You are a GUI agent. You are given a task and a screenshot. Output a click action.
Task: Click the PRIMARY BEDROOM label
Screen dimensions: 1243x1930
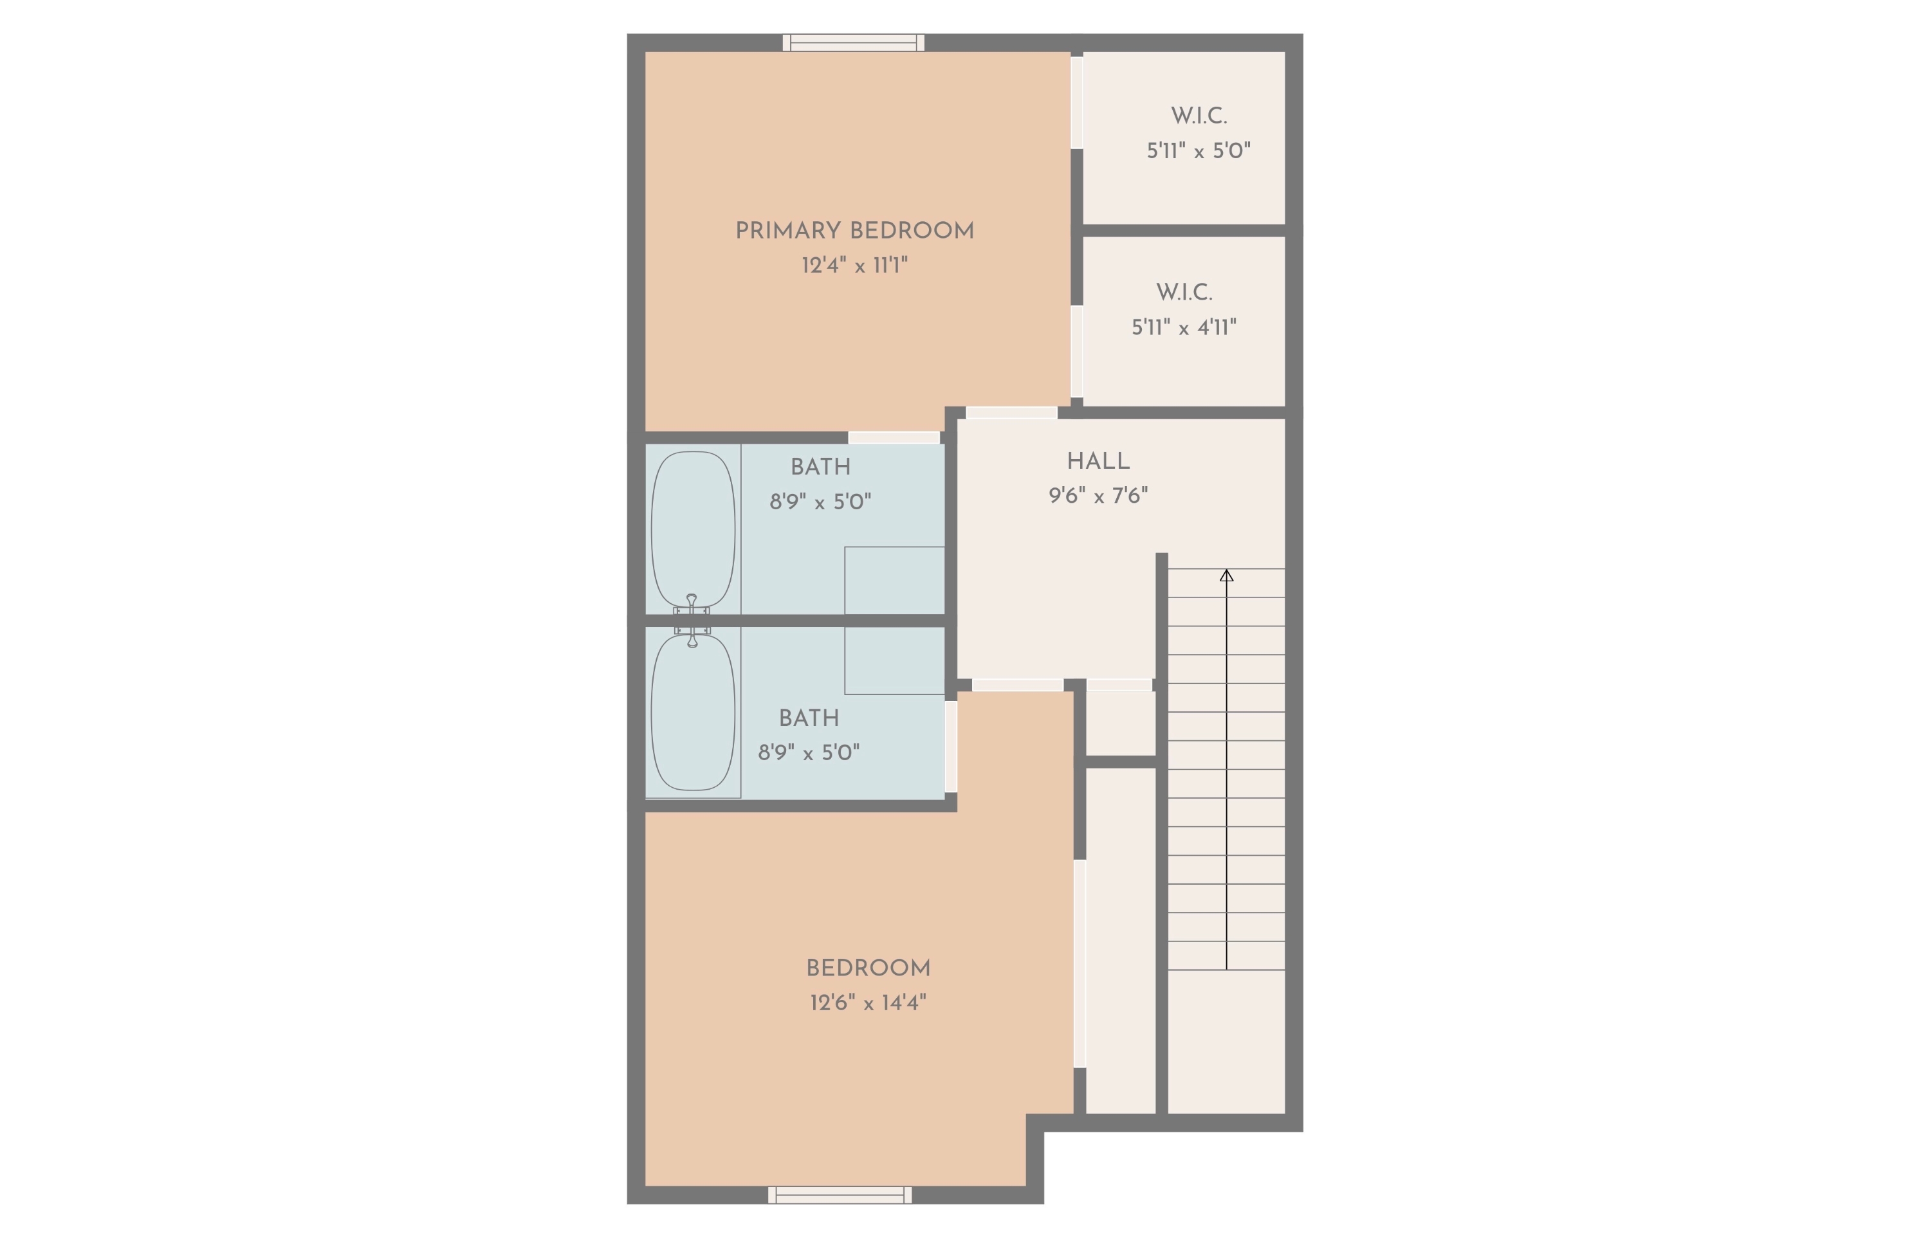pos(854,231)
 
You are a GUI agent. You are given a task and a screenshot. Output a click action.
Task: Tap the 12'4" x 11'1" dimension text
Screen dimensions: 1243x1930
pos(854,266)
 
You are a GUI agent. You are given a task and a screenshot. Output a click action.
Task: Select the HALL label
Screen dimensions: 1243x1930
pos(1098,462)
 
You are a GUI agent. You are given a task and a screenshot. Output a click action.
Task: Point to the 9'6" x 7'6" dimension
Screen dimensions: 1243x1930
pos(1098,496)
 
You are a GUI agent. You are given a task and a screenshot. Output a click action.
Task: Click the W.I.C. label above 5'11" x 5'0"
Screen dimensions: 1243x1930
pos(1199,116)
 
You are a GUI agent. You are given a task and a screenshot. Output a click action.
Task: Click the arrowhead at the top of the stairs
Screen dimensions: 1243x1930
pos(1226,576)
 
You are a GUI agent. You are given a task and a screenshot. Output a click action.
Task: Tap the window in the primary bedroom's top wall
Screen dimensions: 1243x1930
pos(853,43)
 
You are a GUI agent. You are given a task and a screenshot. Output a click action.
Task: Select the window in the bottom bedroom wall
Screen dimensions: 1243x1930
pos(839,1195)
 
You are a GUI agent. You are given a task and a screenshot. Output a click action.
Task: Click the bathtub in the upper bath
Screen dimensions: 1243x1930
pos(693,529)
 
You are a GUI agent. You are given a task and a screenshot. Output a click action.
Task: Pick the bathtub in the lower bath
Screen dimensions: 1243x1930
pos(693,712)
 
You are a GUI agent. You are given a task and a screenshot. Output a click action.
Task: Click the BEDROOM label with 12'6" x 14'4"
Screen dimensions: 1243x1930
pos(867,968)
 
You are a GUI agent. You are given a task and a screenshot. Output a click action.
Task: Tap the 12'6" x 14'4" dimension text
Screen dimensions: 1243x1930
pos(867,1003)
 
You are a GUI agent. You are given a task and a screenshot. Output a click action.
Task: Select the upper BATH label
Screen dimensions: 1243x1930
pos(820,467)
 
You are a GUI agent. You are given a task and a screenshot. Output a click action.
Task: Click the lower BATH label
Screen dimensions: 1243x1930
pos(808,718)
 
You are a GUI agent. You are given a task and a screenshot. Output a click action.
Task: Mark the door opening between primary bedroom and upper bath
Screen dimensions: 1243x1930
pos(893,437)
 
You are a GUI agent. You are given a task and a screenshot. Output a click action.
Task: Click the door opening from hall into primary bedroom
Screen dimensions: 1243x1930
pos(1011,412)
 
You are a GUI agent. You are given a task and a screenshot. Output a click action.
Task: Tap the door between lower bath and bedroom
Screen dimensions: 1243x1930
pos(950,747)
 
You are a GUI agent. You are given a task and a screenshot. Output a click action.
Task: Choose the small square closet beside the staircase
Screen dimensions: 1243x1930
pos(1120,723)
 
